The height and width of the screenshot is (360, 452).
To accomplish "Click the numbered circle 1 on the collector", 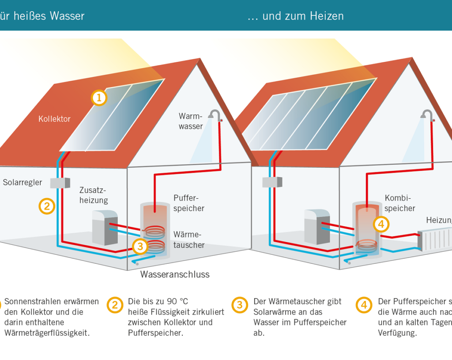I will [99, 98].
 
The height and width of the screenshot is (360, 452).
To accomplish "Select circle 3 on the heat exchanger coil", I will [140, 246].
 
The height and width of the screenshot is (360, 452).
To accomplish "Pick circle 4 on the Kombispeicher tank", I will [381, 224].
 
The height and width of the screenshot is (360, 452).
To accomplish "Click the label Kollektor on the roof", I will [54, 119].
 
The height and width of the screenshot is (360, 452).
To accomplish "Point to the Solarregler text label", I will [23, 182].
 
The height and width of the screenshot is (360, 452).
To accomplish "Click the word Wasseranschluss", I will [175, 274].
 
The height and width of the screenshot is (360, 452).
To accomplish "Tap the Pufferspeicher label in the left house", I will [189, 203].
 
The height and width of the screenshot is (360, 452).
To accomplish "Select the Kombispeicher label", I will [400, 203].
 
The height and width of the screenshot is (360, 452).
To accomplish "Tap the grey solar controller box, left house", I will [60, 182].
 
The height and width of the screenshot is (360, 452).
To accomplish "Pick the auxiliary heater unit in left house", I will [105, 227].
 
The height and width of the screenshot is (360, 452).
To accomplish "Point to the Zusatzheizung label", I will [93, 195].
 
